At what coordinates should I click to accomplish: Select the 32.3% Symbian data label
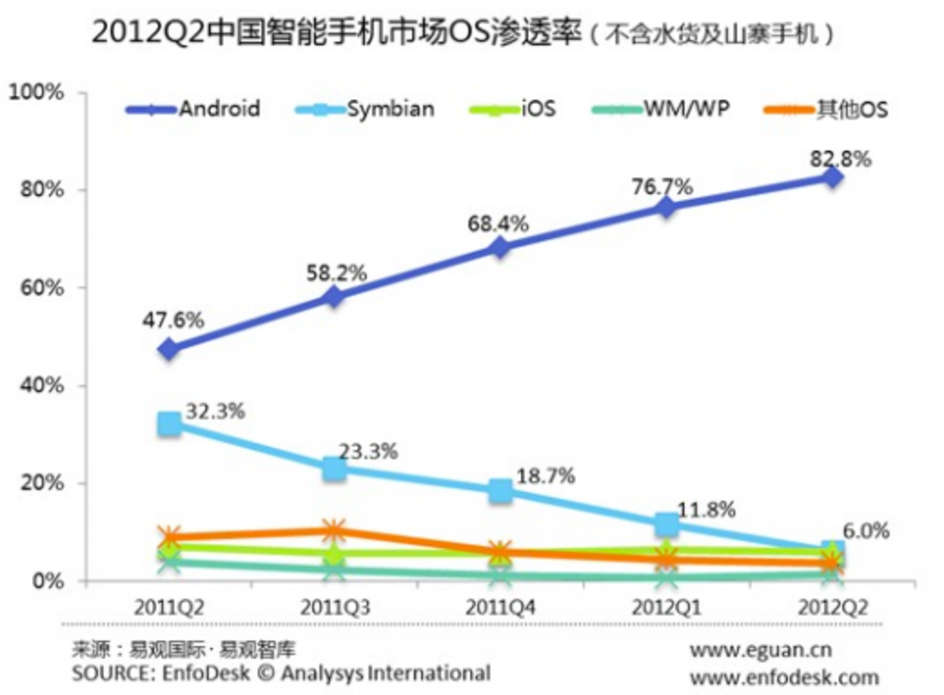tap(215, 411)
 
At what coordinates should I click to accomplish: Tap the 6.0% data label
tap(867, 531)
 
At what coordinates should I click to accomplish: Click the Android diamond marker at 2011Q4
tap(500, 247)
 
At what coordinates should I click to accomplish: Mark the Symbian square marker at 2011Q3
tap(334, 468)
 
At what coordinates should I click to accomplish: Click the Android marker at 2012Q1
tap(667, 207)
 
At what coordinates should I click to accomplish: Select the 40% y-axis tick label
tap(46, 386)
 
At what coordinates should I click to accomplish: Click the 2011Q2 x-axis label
tap(169, 609)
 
